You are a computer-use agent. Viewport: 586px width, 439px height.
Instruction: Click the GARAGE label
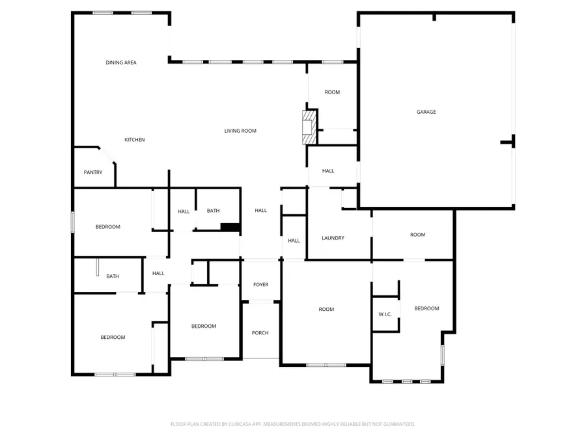(426, 112)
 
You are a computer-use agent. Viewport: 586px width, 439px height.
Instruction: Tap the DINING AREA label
(121, 62)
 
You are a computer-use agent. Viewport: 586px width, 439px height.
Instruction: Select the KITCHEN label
(135, 140)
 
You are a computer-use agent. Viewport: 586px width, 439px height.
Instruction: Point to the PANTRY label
(93, 172)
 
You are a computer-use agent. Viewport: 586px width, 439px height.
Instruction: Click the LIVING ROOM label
(240, 131)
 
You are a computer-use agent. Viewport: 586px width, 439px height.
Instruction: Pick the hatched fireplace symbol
(309, 127)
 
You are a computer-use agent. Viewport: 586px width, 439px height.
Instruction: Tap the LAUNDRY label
(333, 238)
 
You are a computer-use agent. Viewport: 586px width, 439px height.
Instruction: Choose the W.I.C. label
(385, 315)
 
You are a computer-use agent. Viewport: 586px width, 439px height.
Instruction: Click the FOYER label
(260, 285)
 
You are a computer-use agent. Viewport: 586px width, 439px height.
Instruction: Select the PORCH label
(260, 333)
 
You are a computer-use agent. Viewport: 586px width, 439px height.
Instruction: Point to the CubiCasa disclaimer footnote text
(293, 424)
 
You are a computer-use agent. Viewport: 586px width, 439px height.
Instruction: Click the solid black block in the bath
(230, 226)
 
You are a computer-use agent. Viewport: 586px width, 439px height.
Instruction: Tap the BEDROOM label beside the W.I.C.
(426, 308)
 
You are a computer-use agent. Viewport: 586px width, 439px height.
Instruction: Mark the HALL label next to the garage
(328, 171)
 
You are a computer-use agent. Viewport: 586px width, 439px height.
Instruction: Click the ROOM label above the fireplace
(332, 92)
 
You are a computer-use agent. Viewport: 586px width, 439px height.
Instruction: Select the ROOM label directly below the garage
(417, 235)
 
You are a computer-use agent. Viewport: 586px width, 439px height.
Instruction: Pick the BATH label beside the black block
(214, 211)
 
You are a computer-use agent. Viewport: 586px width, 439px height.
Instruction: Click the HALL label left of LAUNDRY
(294, 241)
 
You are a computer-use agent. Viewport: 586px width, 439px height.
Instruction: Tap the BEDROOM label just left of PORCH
(204, 326)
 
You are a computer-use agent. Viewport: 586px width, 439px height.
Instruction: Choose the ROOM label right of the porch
(326, 309)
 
